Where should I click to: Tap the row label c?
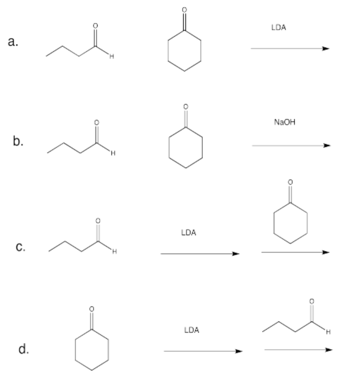point(20,247)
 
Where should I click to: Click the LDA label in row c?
point(188,233)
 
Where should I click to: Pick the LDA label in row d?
point(191,330)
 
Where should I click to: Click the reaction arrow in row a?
point(290,49)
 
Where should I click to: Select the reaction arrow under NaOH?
point(291,146)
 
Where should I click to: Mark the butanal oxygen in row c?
point(99,220)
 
